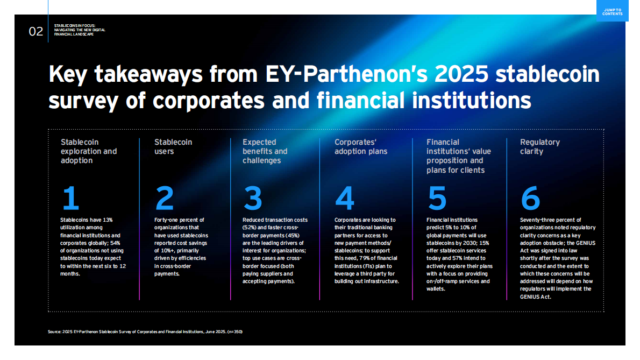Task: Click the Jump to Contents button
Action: click(612, 11)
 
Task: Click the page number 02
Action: click(36, 31)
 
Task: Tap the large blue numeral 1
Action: click(70, 198)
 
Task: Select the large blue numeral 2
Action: click(165, 198)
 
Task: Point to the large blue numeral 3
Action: click(253, 198)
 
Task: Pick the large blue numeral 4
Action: click(345, 198)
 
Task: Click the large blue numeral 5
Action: click(437, 198)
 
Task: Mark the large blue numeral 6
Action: click(530, 198)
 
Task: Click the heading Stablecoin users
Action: click(173, 146)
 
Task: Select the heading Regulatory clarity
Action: click(539, 146)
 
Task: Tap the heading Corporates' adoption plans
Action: click(361, 146)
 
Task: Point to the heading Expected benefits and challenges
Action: click(265, 151)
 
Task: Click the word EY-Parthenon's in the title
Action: click(346, 74)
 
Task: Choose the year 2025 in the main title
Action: click(461, 74)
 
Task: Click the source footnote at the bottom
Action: click(145, 332)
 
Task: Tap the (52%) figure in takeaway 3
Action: click(250, 228)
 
